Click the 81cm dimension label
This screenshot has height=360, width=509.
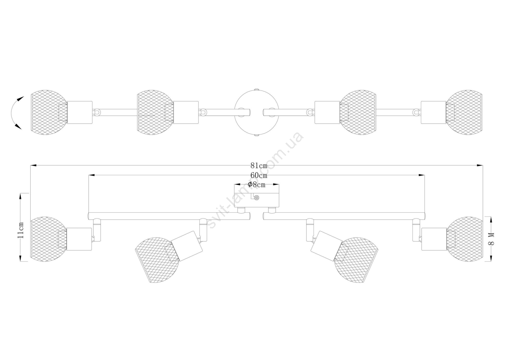(259, 166)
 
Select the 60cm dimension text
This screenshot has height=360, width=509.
(259, 175)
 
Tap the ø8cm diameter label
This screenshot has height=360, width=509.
(256, 185)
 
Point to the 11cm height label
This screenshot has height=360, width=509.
(21, 230)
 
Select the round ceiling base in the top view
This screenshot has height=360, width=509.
(256, 113)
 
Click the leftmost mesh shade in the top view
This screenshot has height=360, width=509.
(49, 113)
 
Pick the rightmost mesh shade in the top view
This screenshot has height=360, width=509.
(464, 113)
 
